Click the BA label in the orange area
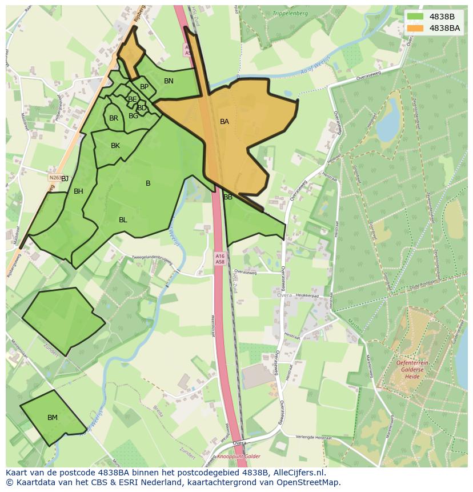pos(225,122)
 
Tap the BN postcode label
pos(169,81)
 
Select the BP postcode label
pos(144,87)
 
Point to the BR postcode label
pos(114,118)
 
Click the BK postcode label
pos(115,146)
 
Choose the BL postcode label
pos(123,220)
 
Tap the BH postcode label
pos(78,191)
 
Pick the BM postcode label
pos(53,418)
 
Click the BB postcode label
pos(228,197)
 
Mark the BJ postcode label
pos(65,179)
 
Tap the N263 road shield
pos(55,178)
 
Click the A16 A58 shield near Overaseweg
pos(220,258)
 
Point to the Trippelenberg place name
pos(290,13)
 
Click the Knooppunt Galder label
pos(239,456)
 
